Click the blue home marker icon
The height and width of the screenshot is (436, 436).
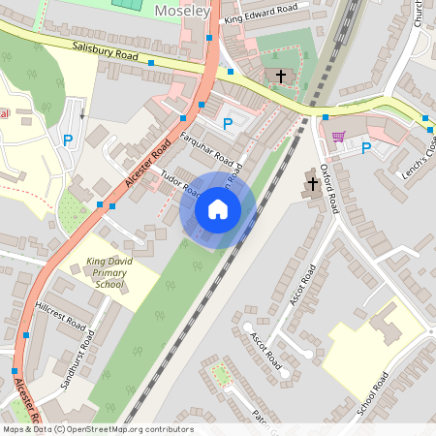218,208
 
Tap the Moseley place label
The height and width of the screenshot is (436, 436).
182,10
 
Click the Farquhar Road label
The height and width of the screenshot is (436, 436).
207,147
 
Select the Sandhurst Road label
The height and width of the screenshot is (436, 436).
80,358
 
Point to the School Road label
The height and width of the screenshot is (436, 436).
373,393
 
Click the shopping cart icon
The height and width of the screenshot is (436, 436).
338,137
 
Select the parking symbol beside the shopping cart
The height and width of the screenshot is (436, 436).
366,148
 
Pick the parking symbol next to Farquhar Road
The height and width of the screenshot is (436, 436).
228,123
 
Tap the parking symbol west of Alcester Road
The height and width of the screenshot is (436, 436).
68,141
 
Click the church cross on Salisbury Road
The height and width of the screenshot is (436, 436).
281,76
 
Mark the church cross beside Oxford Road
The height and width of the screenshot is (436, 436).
313,180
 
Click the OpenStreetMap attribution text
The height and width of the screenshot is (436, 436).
97,429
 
